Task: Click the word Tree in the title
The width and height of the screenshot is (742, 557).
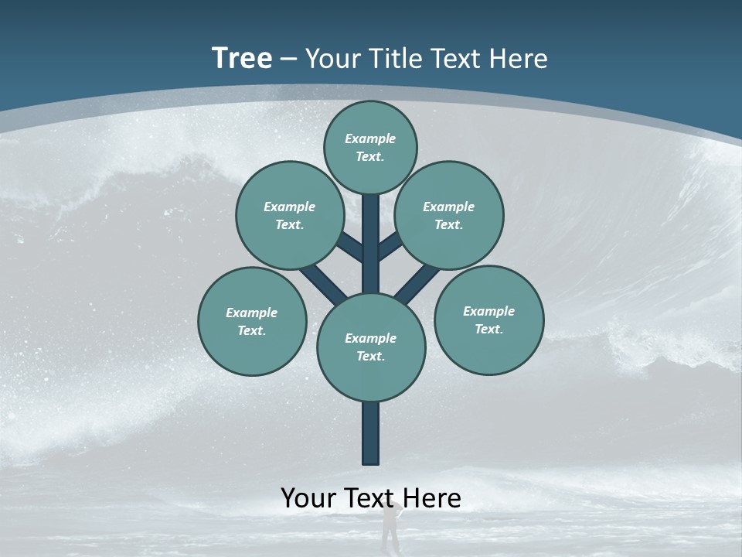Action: pyautogui.click(x=242, y=59)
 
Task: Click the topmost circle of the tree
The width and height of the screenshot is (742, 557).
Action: pyautogui.click(x=370, y=147)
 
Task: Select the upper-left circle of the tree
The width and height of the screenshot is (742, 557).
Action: pyautogui.click(x=290, y=215)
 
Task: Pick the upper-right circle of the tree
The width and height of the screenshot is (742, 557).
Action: pyautogui.click(x=449, y=215)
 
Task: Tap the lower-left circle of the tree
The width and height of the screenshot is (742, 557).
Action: pyautogui.click(x=252, y=321)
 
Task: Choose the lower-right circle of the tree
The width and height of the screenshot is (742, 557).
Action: pyautogui.click(x=489, y=320)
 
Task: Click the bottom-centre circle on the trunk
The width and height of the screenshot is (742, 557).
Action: pyautogui.click(x=371, y=347)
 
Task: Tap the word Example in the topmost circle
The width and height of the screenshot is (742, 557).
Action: pyautogui.click(x=370, y=138)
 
